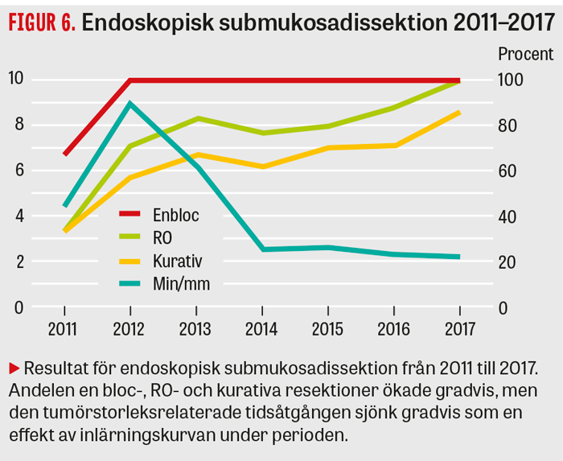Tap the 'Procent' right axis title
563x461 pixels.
tap(525, 55)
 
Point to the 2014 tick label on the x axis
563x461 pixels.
tap(261, 328)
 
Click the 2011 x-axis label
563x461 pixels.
tap(64, 328)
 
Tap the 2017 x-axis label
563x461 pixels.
tap(458, 328)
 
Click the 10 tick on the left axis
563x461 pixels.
tap(16, 79)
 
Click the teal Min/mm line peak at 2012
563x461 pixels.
tap(129, 103)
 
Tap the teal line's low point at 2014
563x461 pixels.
tap(261, 249)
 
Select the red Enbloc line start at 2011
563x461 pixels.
tap(64, 154)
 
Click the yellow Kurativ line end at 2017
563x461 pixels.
tap(458, 112)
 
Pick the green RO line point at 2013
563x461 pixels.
tap(195, 118)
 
